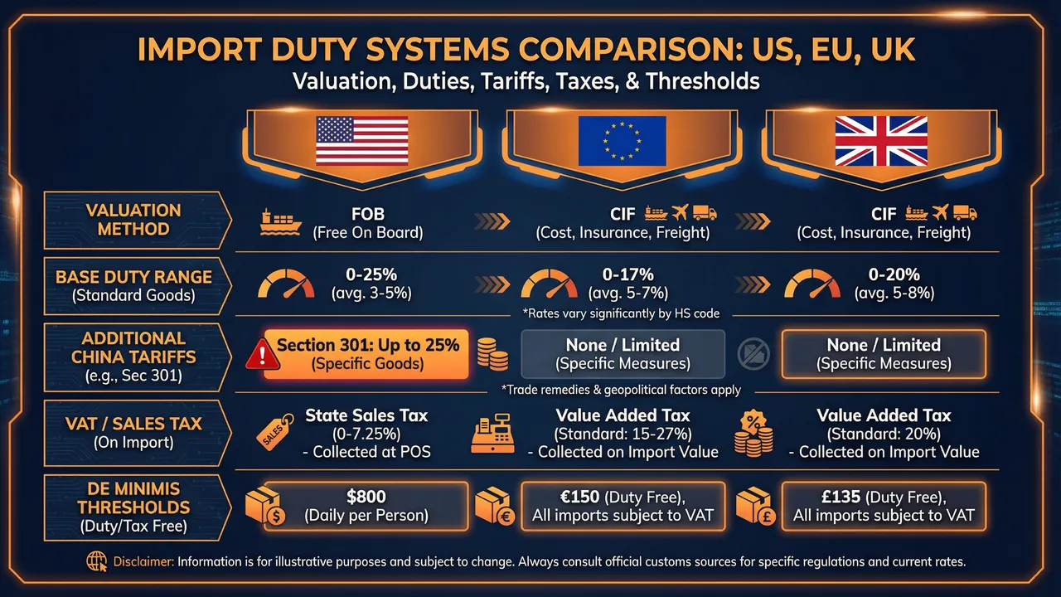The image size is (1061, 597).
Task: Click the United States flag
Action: [x=362, y=141]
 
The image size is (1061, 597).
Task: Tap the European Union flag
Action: [x=622, y=141]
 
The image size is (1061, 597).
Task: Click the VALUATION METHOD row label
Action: [x=133, y=220]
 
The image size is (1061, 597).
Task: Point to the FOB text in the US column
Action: [x=367, y=213]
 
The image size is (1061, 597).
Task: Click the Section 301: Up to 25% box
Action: [x=367, y=354]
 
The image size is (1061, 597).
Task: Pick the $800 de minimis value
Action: [x=367, y=496]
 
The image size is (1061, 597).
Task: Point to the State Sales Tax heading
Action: [x=366, y=415]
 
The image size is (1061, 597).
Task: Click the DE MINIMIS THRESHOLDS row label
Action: [x=133, y=505]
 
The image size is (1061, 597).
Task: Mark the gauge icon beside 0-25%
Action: [x=286, y=284]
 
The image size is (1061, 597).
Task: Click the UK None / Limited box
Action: [x=883, y=354]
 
